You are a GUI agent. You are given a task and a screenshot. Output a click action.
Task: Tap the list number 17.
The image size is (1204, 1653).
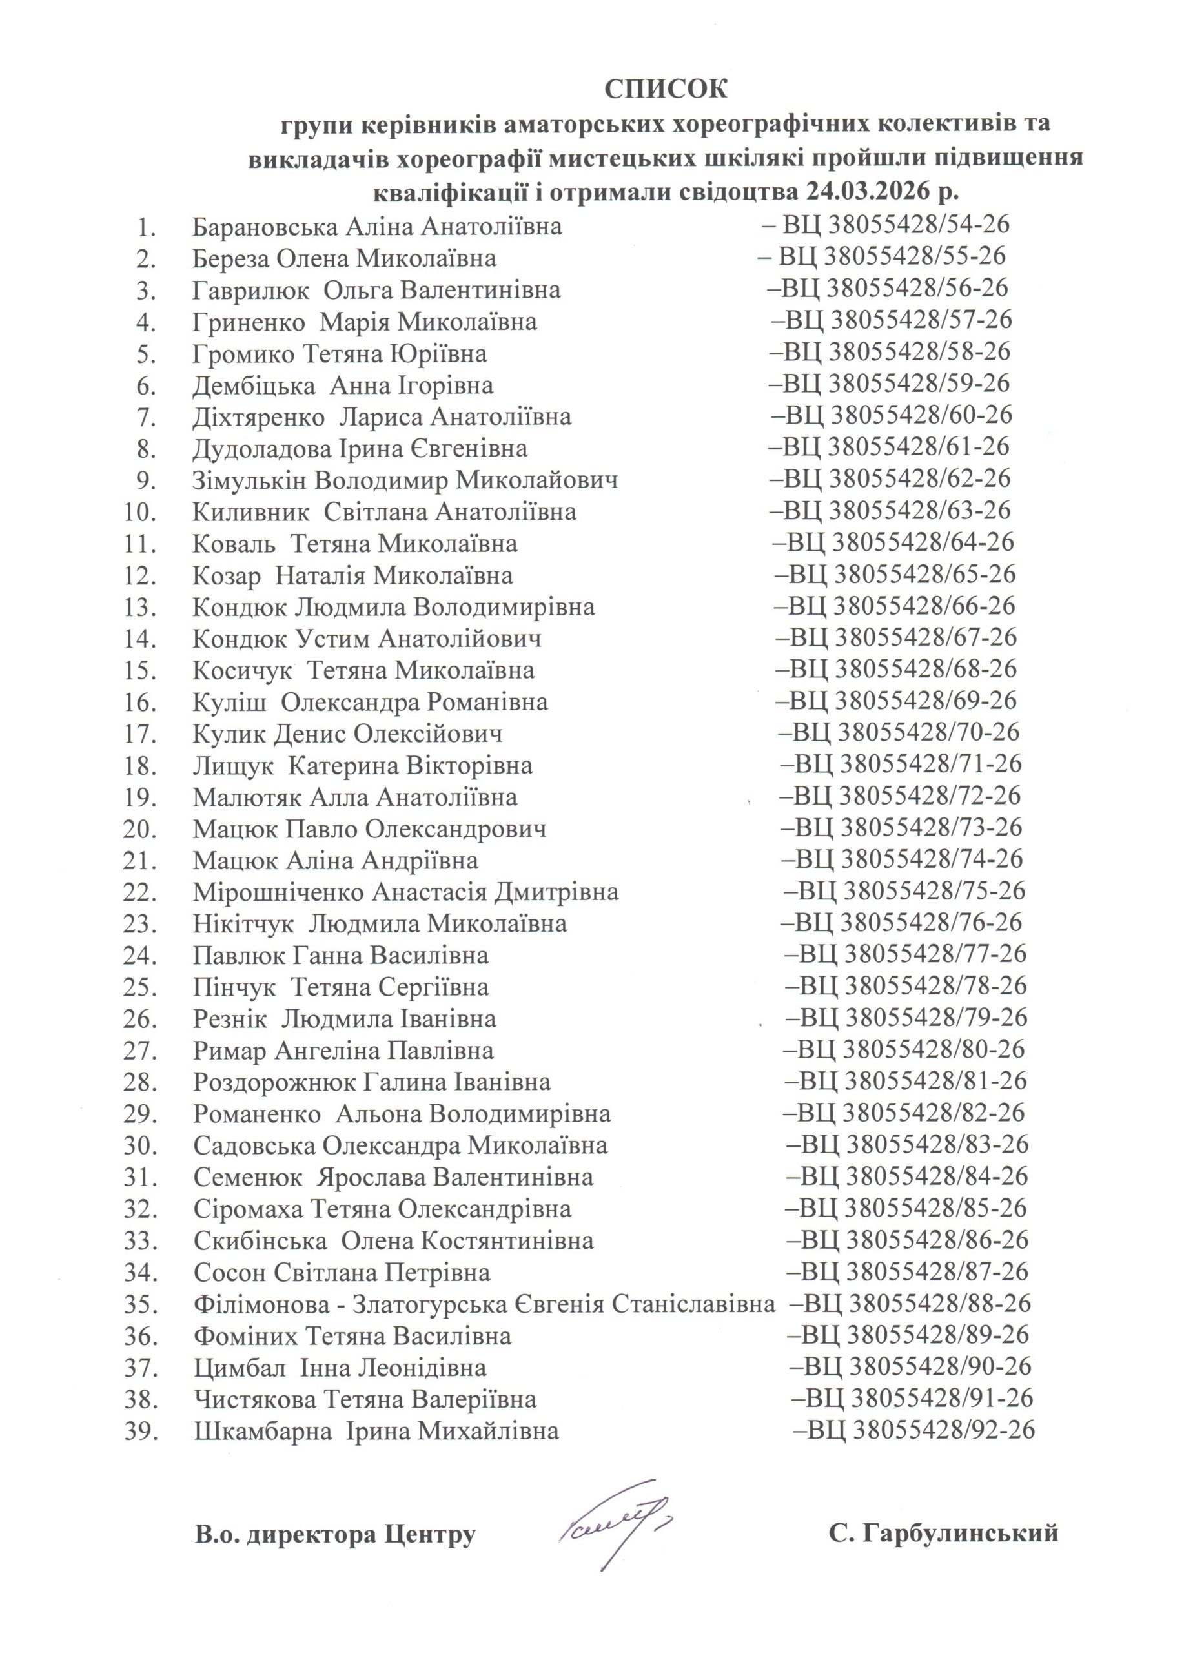click(140, 734)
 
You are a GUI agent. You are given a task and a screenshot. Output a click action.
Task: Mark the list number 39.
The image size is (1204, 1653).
click(140, 1432)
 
